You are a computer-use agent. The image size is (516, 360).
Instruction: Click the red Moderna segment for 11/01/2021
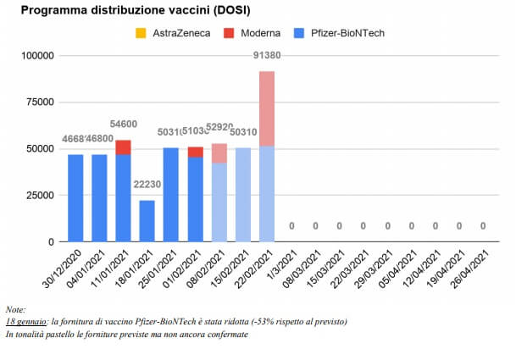click(x=124, y=147)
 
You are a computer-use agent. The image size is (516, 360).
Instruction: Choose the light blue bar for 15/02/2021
click(x=243, y=195)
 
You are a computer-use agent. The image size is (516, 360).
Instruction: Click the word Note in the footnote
click(x=14, y=310)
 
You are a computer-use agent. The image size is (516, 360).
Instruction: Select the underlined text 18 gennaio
click(x=25, y=322)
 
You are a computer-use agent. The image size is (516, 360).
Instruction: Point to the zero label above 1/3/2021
click(x=291, y=226)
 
